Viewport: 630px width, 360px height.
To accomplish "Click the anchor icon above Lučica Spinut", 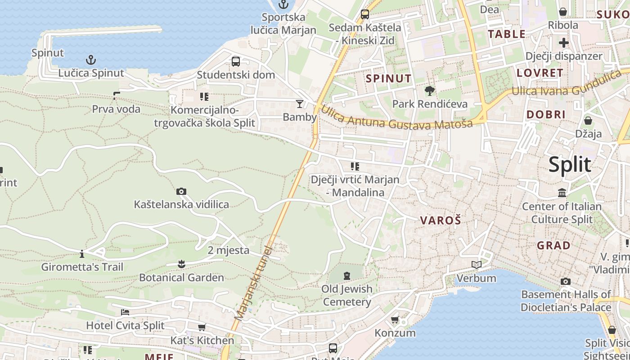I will pyautogui.click(x=91, y=59).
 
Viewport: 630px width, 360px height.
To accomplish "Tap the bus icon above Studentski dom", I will pyautogui.click(x=236, y=62).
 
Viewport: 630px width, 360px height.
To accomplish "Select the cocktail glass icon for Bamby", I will pyautogui.click(x=299, y=104).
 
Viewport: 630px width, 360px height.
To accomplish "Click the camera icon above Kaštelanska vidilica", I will pyautogui.click(x=181, y=191).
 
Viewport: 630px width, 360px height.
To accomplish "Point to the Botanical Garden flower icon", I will pyautogui.click(x=181, y=264).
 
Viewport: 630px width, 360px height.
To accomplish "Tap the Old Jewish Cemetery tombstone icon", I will pyautogui.click(x=346, y=275).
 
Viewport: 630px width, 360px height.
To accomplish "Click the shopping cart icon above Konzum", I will pyautogui.click(x=395, y=320).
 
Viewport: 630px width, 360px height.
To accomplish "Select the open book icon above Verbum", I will pyautogui.click(x=476, y=265).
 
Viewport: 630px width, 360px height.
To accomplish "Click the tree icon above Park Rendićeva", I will pyautogui.click(x=430, y=90).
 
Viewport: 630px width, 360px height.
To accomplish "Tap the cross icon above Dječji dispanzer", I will pyautogui.click(x=563, y=43).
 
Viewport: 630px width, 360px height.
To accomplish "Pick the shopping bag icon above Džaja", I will pyautogui.click(x=588, y=120).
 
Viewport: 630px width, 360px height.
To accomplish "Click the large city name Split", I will pyautogui.click(x=569, y=165).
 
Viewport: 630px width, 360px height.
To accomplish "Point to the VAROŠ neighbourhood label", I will pyautogui.click(x=441, y=220).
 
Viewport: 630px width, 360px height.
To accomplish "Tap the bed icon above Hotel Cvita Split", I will pyautogui.click(x=125, y=312).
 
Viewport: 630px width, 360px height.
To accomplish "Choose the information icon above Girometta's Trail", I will pyautogui.click(x=81, y=254).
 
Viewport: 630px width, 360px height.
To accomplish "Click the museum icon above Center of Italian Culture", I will pyautogui.click(x=562, y=193).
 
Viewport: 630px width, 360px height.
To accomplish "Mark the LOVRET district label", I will pyautogui.click(x=540, y=73).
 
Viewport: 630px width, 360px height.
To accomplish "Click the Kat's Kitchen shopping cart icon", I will pyautogui.click(x=202, y=327).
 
